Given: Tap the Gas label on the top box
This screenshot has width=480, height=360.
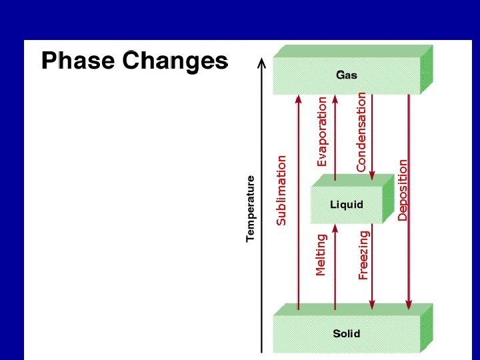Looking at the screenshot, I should click(x=347, y=75).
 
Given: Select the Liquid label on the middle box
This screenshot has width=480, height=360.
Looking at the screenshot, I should click(x=347, y=205).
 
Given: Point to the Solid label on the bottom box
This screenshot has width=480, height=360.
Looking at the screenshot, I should click(x=347, y=333).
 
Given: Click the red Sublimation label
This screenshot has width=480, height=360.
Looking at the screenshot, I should click(x=281, y=190).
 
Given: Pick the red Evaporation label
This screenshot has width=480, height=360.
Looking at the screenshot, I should click(x=322, y=131).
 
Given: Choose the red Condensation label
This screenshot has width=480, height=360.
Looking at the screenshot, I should click(x=361, y=131).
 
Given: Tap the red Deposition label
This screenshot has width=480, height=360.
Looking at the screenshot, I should click(x=403, y=189).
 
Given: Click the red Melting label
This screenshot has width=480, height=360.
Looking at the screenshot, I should click(x=321, y=255).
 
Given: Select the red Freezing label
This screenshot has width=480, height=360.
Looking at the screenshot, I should click(x=363, y=255).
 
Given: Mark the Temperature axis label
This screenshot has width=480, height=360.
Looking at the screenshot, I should click(x=251, y=209).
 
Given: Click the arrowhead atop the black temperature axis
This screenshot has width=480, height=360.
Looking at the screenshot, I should click(x=261, y=61).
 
